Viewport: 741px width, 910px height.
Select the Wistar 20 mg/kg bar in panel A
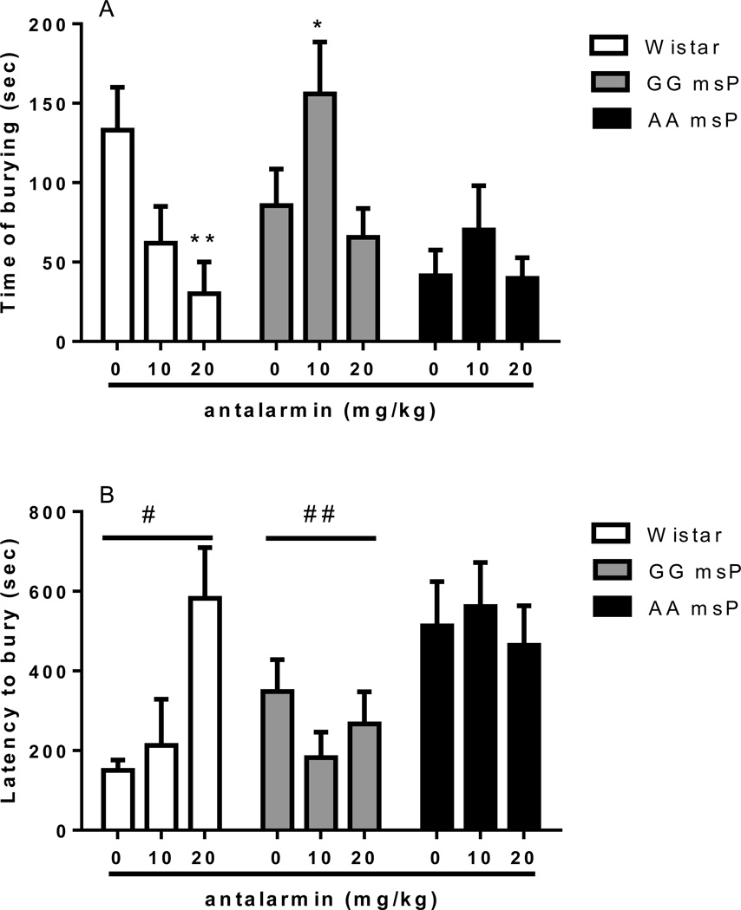(205, 317)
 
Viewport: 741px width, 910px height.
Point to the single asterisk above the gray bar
(321, 23)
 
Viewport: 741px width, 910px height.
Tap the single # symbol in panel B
(149, 514)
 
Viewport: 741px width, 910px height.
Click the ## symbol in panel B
(320, 514)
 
